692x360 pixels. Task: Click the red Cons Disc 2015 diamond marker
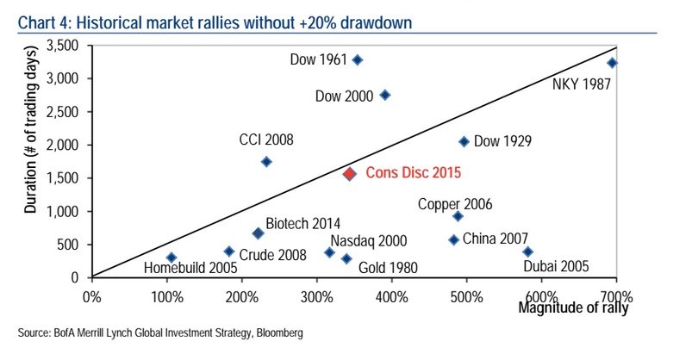click(349, 173)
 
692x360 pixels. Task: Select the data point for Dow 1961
click(358, 59)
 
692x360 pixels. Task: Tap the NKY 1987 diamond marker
click(612, 63)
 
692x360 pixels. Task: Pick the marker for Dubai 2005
click(527, 251)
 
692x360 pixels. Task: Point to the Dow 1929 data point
click(464, 141)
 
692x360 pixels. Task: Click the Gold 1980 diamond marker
click(346, 258)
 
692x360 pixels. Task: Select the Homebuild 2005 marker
click(171, 258)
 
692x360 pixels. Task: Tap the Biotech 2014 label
click(303, 223)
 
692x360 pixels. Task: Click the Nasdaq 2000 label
click(370, 241)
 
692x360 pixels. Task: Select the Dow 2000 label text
click(344, 96)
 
